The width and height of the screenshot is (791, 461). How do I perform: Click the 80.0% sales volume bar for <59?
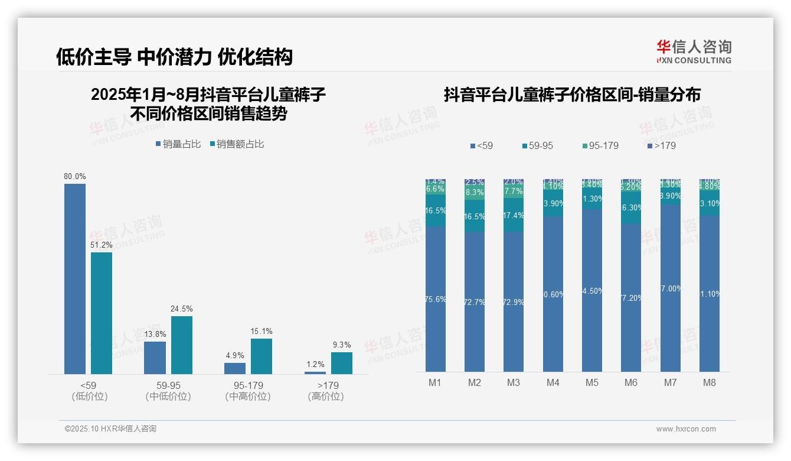pos(75,278)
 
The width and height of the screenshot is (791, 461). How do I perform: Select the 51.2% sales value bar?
pos(102,313)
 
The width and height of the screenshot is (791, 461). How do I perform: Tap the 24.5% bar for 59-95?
pos(182,345)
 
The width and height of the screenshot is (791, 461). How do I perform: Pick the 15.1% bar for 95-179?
pos(262,356)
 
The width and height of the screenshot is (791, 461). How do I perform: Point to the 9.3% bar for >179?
pos(341,363)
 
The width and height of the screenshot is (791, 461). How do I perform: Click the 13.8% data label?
pos(155,334)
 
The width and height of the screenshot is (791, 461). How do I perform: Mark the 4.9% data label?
pos(235,355)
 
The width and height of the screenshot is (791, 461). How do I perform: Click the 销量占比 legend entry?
pos(178,144)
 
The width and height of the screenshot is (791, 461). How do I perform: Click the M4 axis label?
pos(553,382)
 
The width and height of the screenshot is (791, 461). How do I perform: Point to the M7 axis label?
pos(670,382)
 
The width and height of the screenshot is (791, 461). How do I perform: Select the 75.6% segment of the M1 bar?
pos(436,299)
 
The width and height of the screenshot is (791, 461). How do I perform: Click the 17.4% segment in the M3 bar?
pos(514,215)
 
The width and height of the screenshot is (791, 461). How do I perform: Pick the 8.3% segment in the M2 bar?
pos(475,193)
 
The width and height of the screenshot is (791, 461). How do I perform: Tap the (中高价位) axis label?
pos(248,397)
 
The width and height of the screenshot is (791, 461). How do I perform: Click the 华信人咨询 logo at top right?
pos(694,51)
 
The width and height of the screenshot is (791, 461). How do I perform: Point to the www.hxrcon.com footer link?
pos(686,429)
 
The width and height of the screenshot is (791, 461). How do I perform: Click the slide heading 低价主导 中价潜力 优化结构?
pos(174,57)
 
